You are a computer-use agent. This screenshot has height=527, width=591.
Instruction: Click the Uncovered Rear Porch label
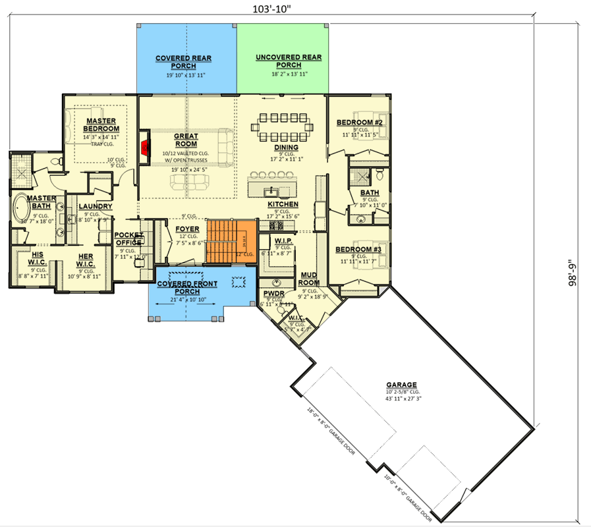[x=289, y=61]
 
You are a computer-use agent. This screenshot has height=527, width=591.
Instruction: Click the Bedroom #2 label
[x=360, y=123]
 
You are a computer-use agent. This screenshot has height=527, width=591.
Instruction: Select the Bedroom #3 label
[x=360, y=250]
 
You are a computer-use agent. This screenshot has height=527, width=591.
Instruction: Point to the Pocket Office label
[x=128, y=238]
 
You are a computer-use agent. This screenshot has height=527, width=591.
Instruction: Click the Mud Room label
[x=310, y=279]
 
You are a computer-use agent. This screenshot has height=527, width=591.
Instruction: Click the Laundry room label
[x=96, y=206]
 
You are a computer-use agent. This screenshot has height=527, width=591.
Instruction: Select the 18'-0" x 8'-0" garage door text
[x=330, y=435]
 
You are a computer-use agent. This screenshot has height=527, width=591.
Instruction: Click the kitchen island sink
[x=270, y=192]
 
